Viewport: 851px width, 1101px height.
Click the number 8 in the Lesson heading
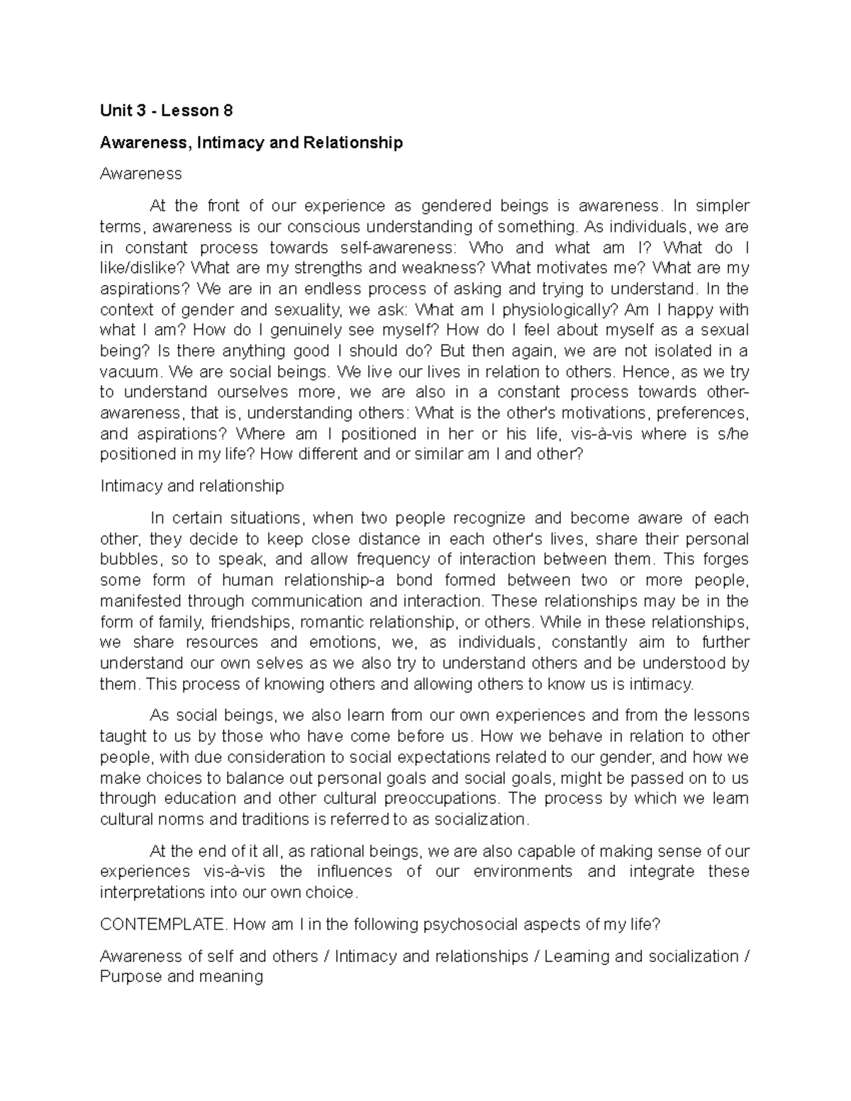pos(227,111)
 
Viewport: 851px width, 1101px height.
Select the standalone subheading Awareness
pos(140,174)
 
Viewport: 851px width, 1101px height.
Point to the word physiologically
pos(552,310)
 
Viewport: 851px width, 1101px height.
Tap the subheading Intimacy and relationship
pos(192,486)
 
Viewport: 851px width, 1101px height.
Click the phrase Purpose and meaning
pos(182,977)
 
